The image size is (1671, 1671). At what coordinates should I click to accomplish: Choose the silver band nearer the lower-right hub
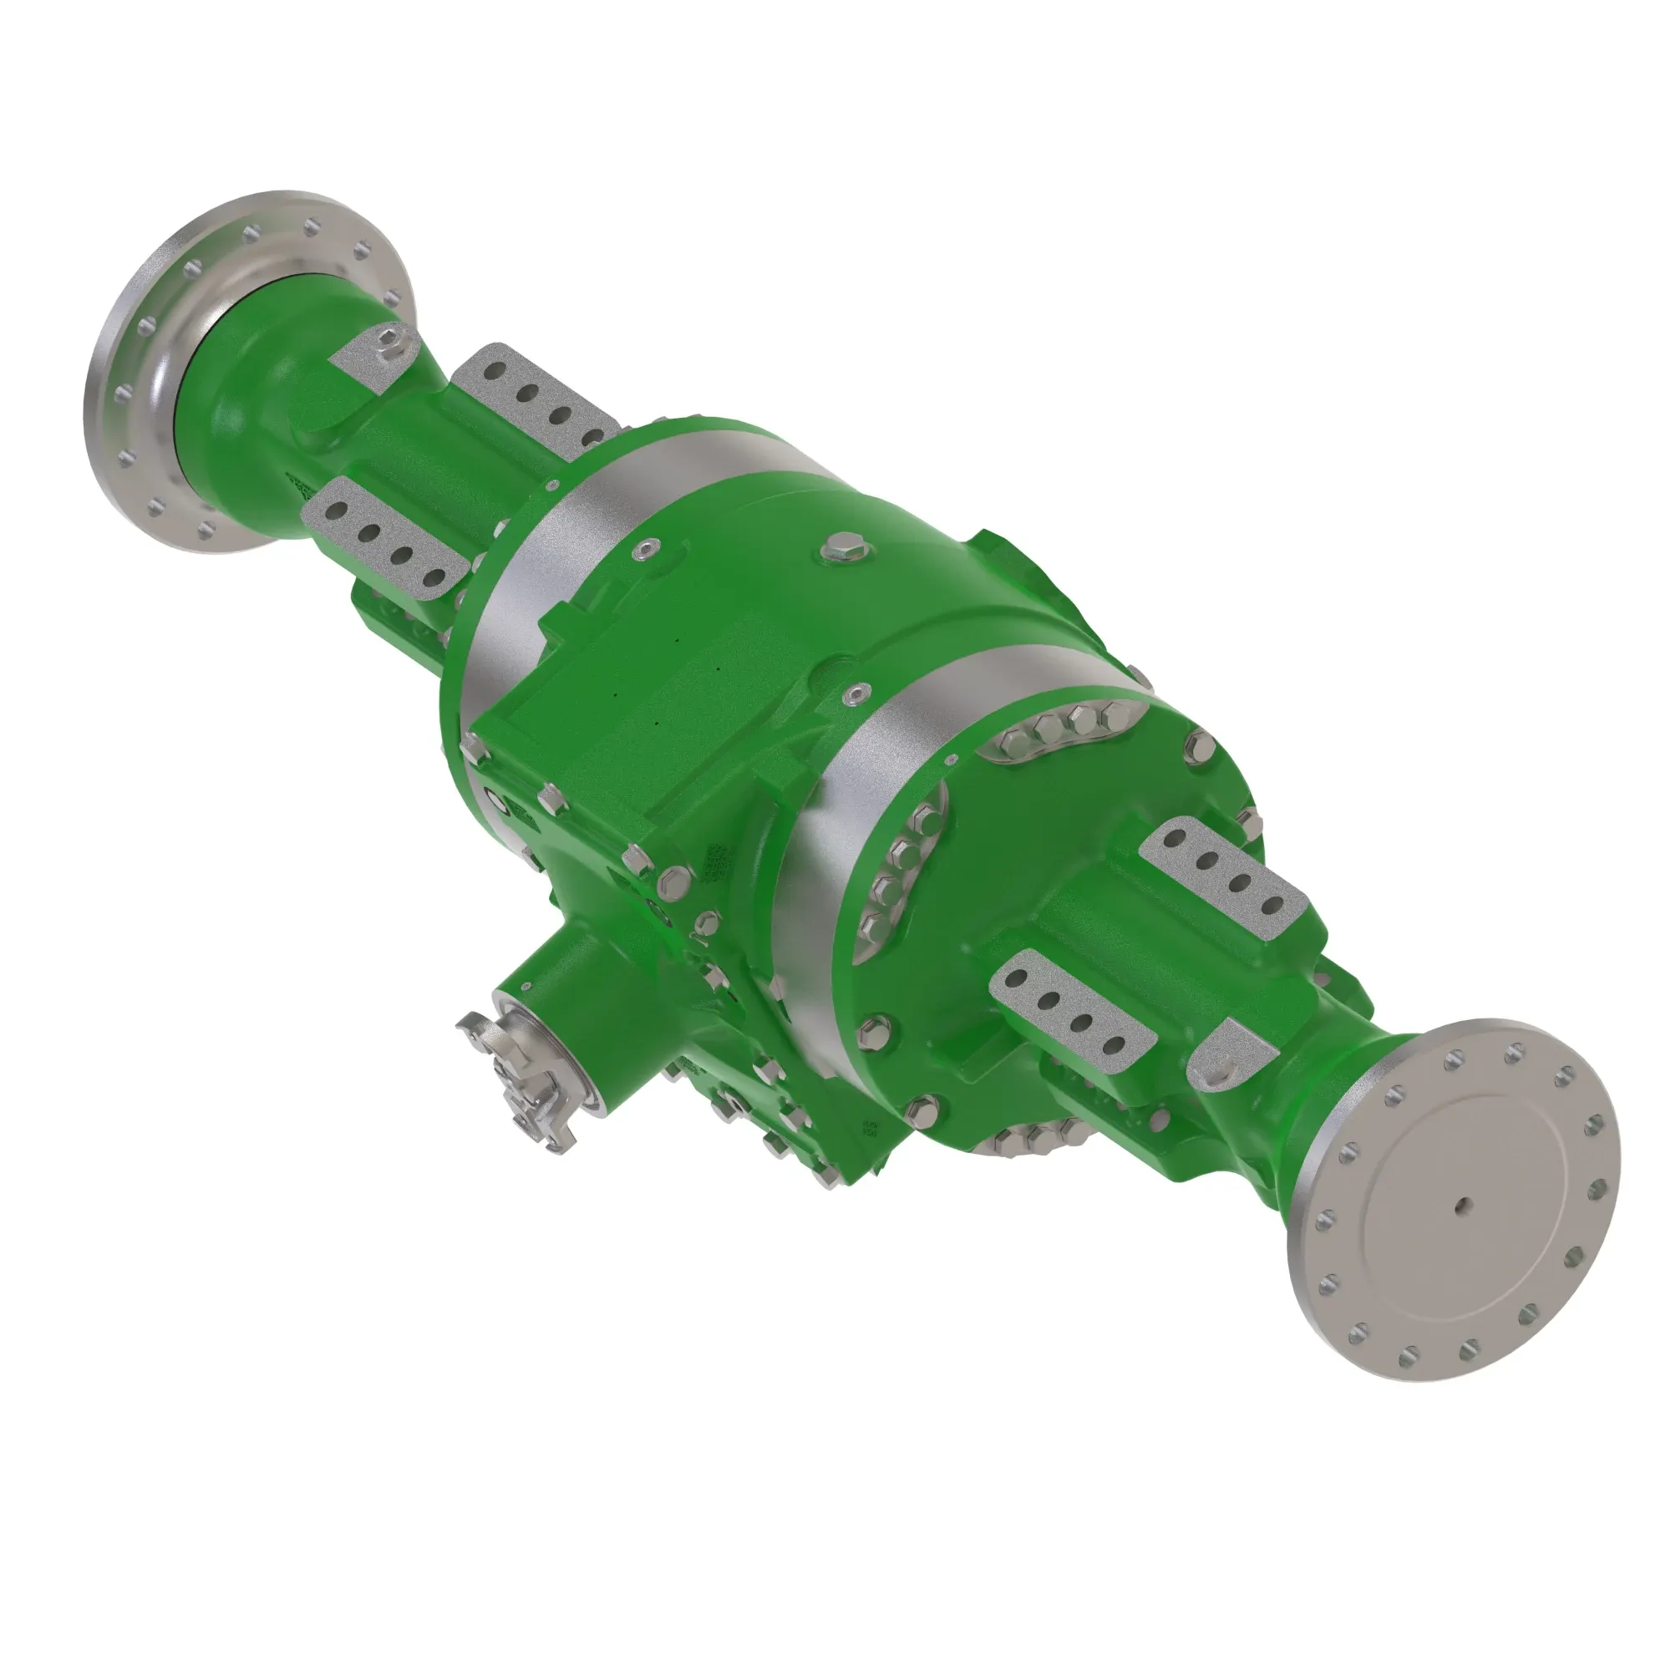click(x=830, y=830)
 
